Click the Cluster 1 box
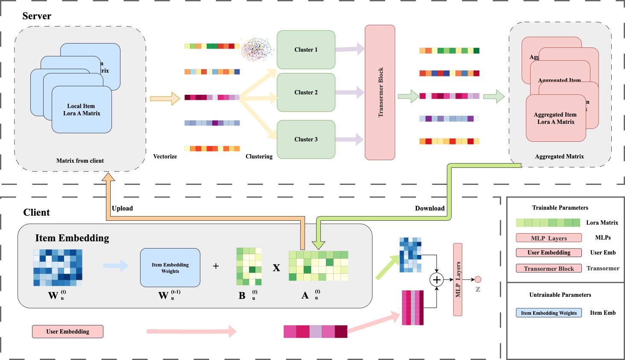click(x=306, y=50)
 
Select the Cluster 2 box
click(x=306, y=92)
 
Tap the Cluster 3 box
click(x=306, y=139)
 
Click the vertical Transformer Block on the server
click(x=380, y=92)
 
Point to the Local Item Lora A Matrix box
click(x=82, y=110)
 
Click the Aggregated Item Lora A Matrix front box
click(x=555, y=118)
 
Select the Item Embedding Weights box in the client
click(x=170, y=268)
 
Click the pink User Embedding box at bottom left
click(x=67, y=331)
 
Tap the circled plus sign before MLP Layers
click(x=437, y=280)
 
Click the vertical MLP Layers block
click(x=458, y=279)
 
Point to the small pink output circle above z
click(x=478, y=279)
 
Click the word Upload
click(x=122, y=208)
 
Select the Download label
click(x=430, y=208)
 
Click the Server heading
click(x=37, y=16)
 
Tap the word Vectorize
click(x=165, y=157)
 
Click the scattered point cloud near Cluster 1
click(x=257, y=49)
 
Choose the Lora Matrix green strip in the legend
click(x=548, y=222)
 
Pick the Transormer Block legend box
click(x=549, y=269)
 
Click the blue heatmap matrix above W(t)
click(x=58, y=268)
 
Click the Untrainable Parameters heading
click(x=560, y=295)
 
